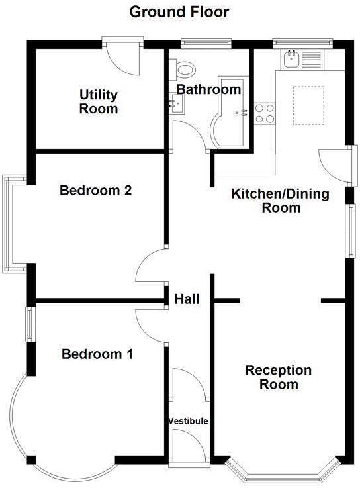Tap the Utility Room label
pos(99,101)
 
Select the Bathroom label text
pos(208,89)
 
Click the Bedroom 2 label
pos(96,191)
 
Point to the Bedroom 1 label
pos(97,354)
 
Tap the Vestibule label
pos(188,421)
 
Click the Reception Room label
pos(278,377)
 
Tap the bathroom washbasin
pos(177,103)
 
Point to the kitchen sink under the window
pos(291,60)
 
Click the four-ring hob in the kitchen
pos(265,113)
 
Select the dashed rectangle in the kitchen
pos(308,105)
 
